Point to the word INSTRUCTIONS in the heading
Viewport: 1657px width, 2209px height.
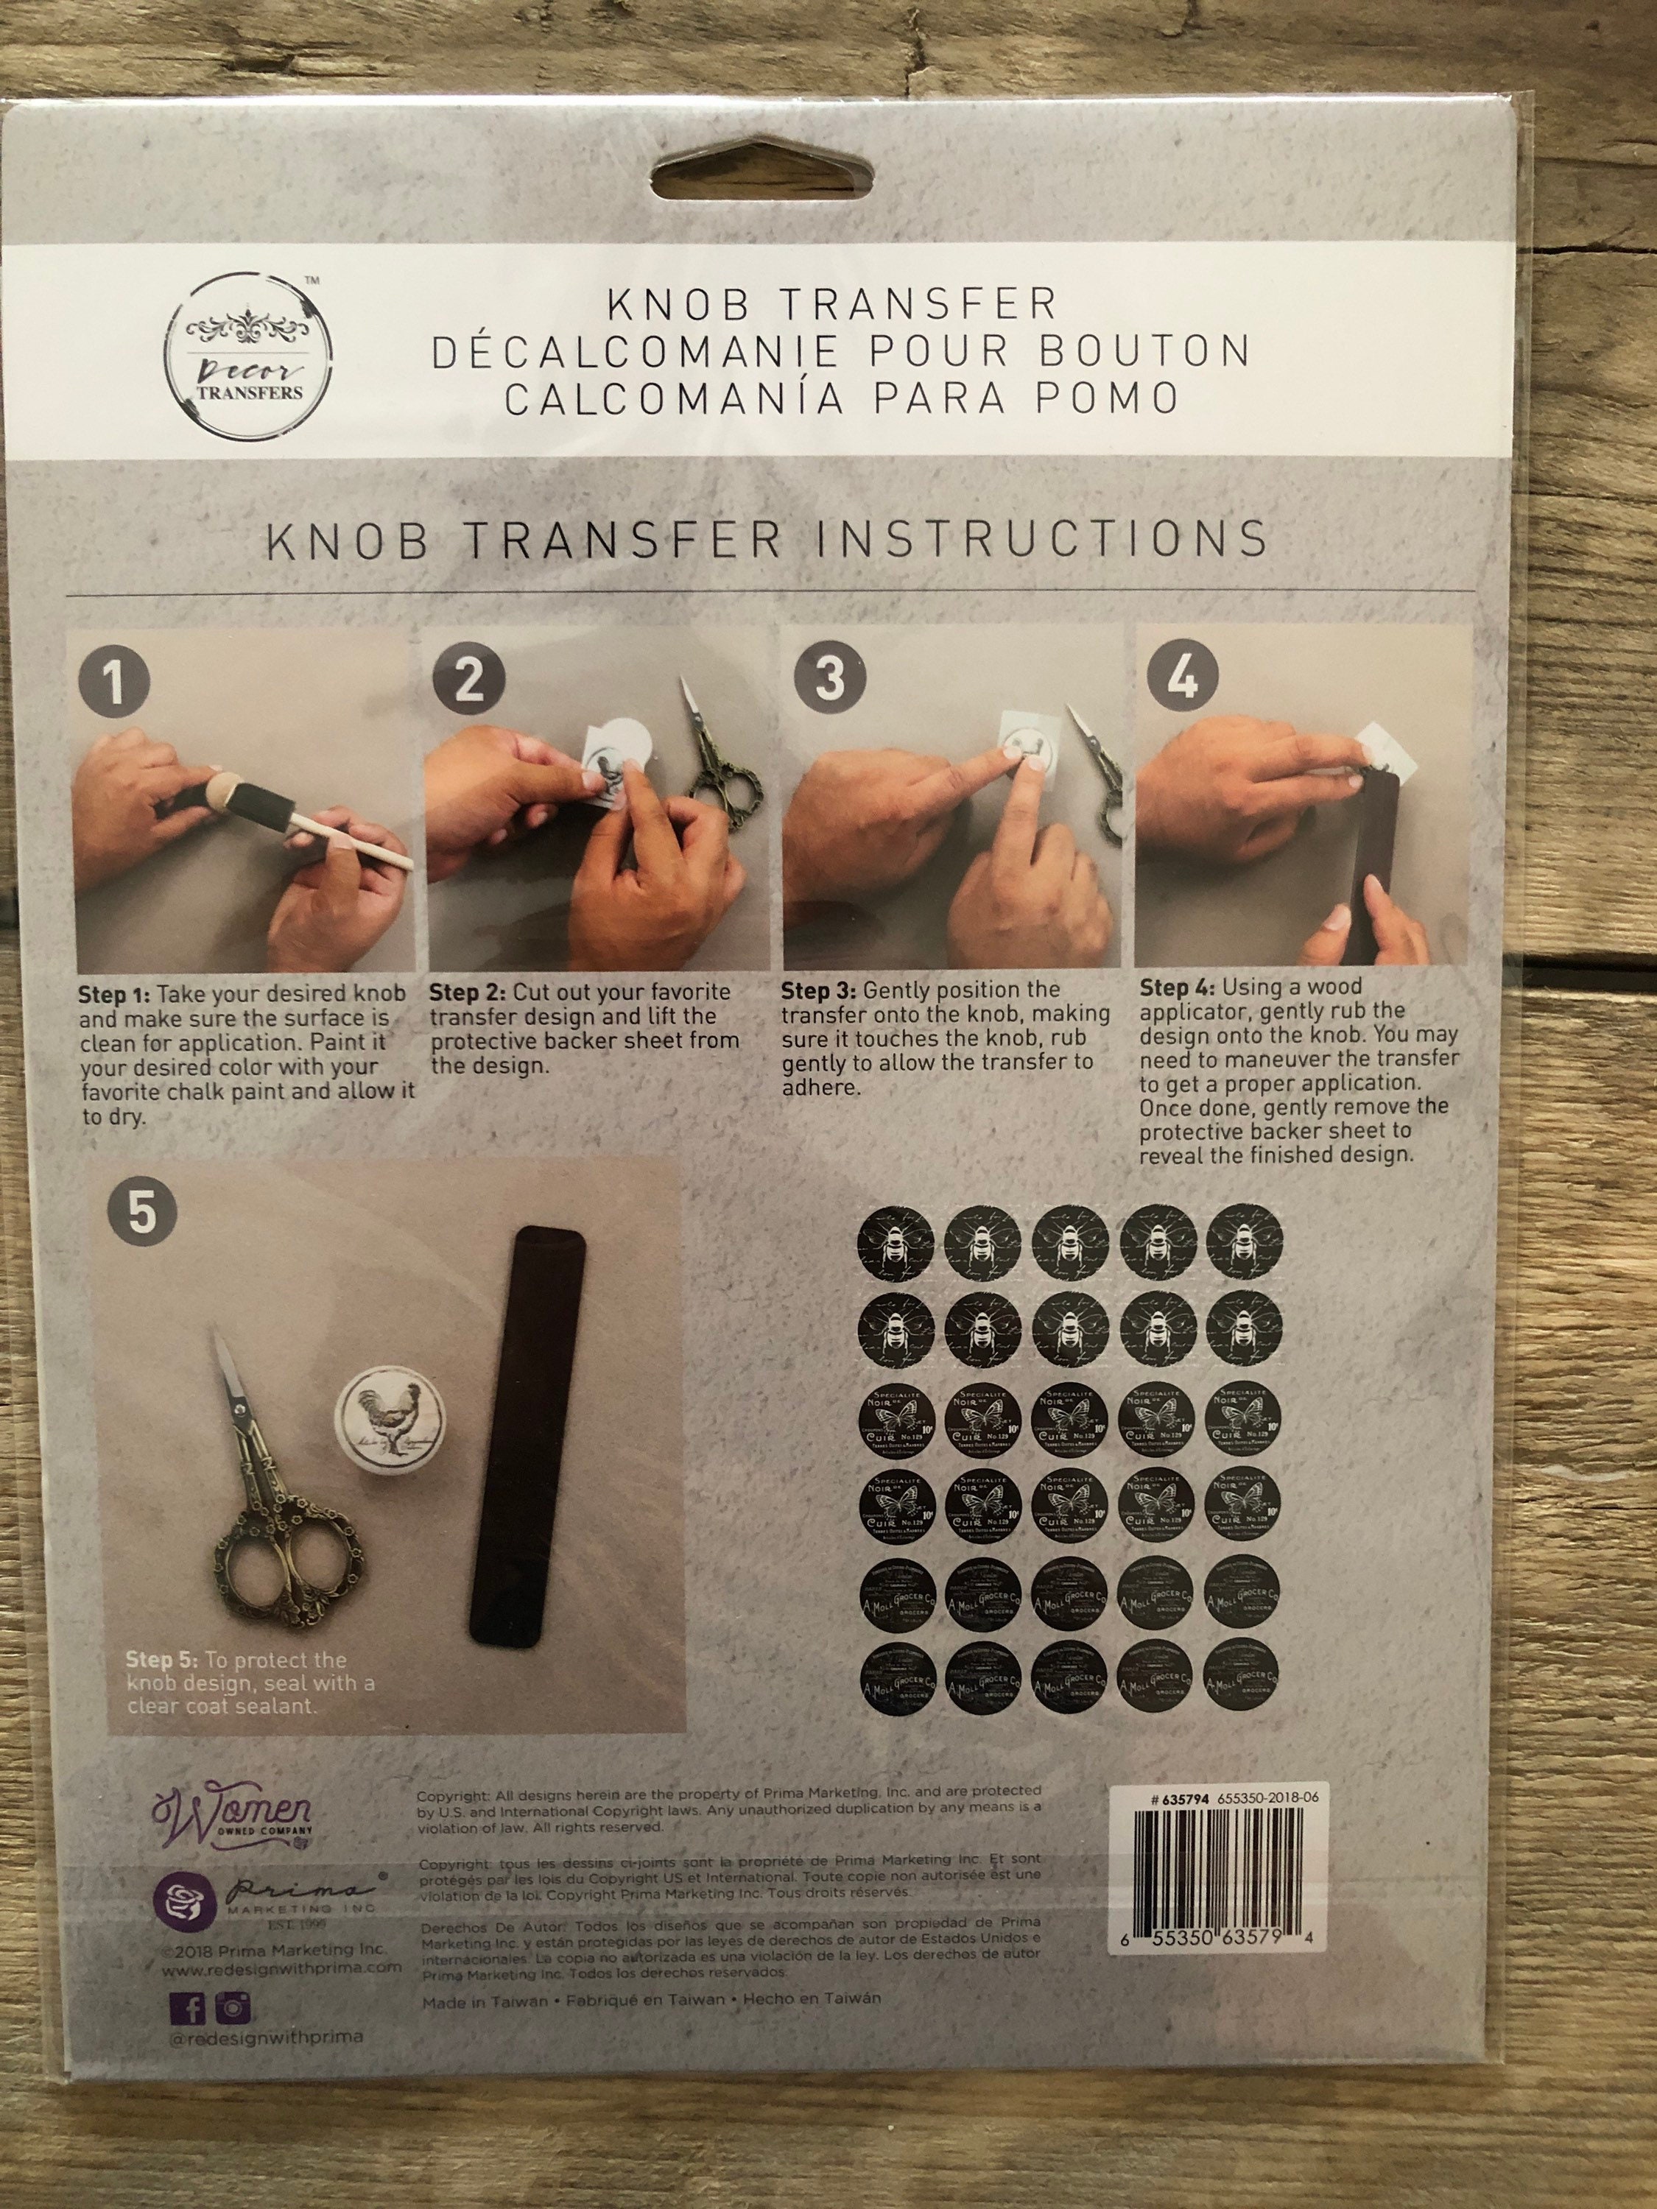pyautogui.click(x=1042, y=540)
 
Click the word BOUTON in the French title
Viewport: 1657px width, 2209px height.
pyautogui.click(x=1144, y=350)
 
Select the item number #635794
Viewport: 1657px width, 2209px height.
pyautogui.click(x=1181, y=1797)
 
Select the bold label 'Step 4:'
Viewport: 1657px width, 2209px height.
pyautogui.click(x=1177, y=987)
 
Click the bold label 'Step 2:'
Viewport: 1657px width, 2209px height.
pyautogui.click(x=468, y=993)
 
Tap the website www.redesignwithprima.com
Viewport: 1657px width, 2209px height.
pyautogui.click(x=281, y=1967)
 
